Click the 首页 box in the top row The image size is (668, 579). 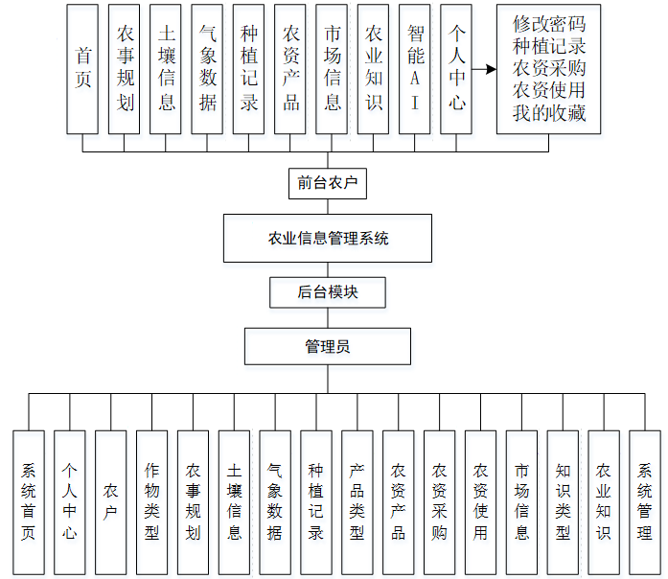83,68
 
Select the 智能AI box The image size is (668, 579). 415,68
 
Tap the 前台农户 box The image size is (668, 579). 327,183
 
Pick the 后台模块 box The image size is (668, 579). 327,291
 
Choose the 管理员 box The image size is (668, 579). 327,346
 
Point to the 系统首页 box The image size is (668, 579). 28,502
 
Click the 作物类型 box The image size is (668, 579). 151,502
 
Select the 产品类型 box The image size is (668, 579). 357,502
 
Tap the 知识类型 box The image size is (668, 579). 564,502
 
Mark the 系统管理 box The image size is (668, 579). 645,502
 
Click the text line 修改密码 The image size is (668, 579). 548,24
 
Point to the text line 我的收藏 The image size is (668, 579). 548,113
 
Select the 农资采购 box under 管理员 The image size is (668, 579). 440,502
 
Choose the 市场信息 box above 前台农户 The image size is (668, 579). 333,68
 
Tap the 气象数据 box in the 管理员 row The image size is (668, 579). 275,502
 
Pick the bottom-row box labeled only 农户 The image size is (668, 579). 110,502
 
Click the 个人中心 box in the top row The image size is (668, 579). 456,68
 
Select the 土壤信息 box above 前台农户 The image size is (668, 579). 166,68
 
